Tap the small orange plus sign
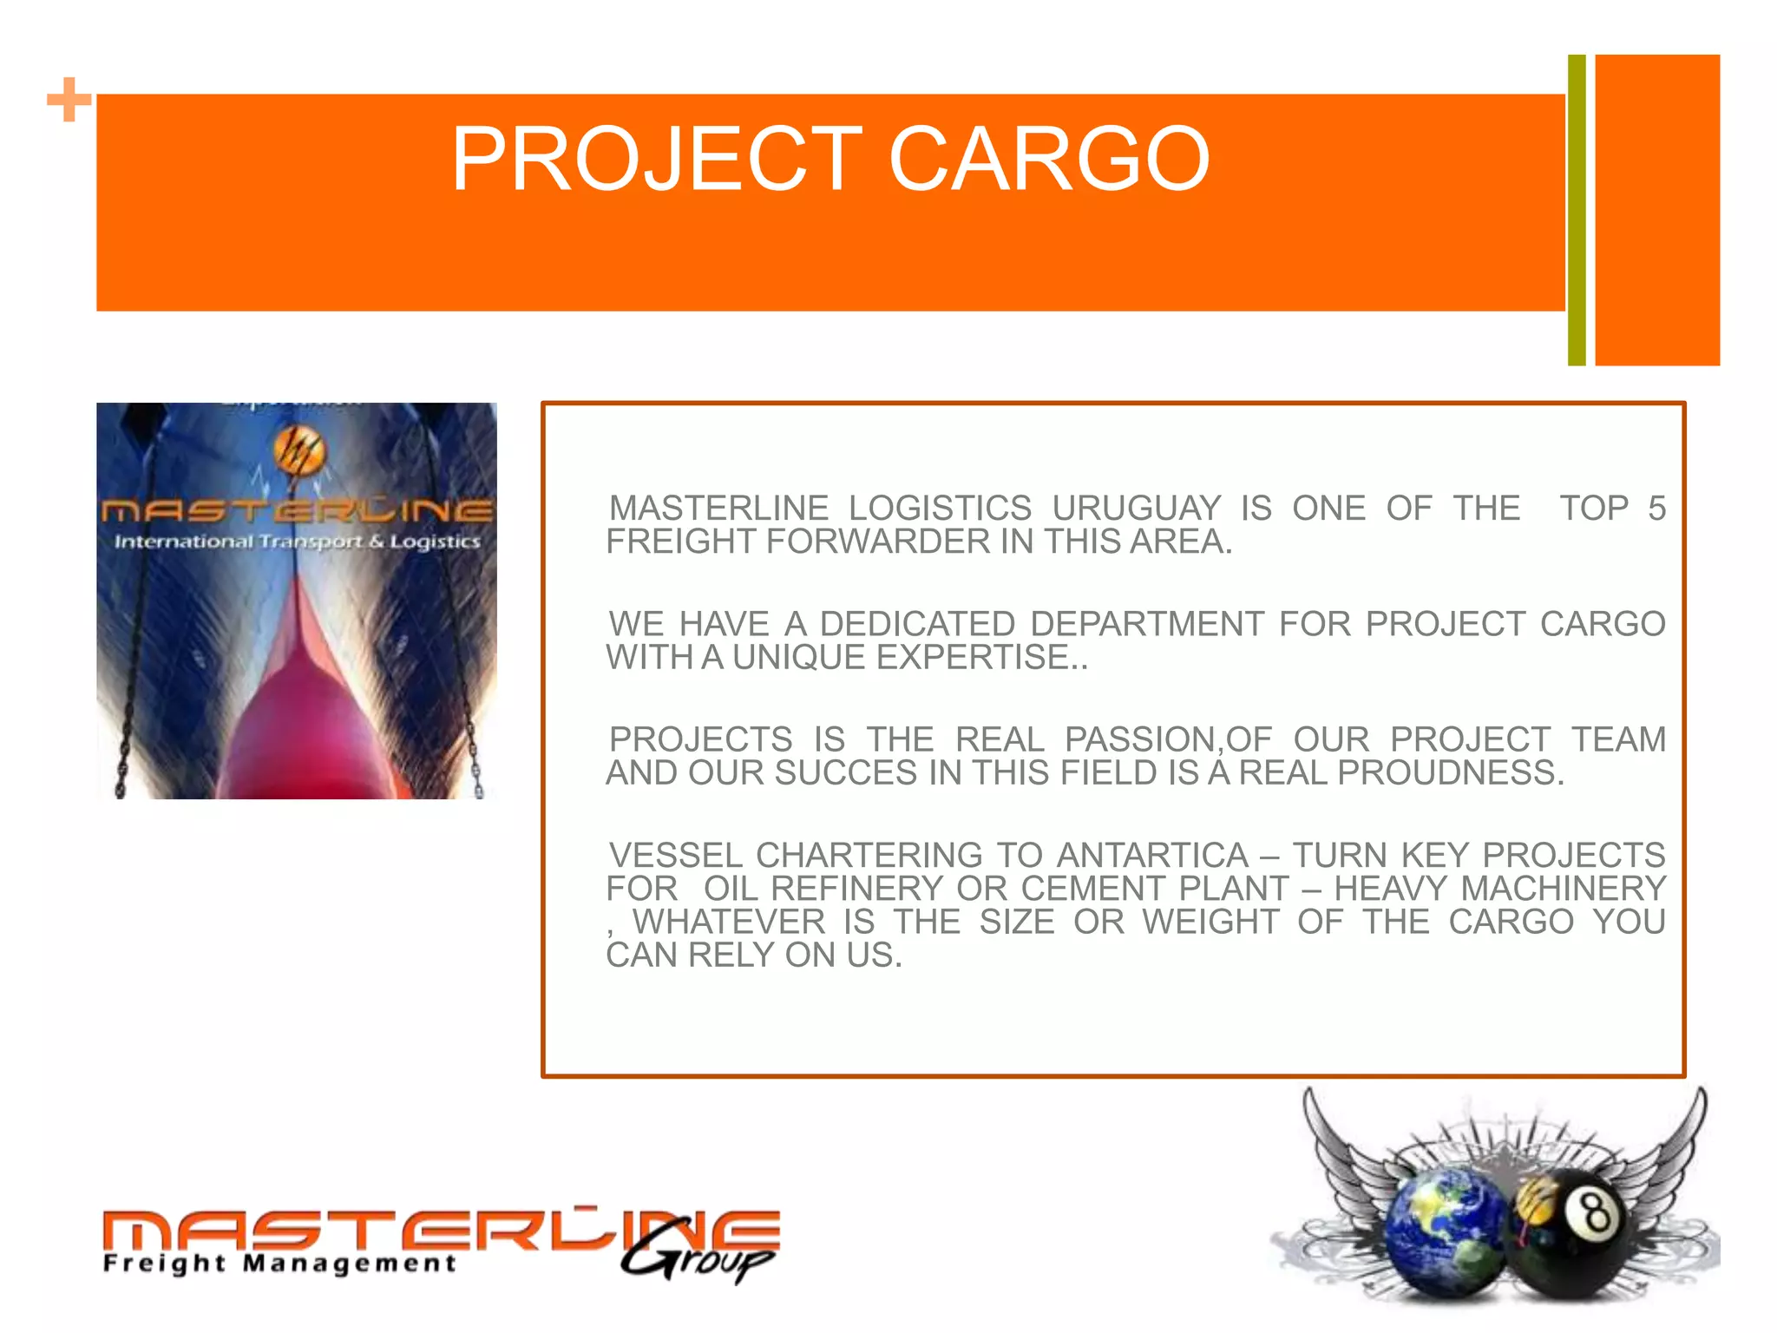(69, 100)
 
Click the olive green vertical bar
(1577, 210)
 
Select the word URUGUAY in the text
(1136, 509)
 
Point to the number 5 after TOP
(1656, 509)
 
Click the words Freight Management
(279, 1263)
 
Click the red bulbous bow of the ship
(299, 720)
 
